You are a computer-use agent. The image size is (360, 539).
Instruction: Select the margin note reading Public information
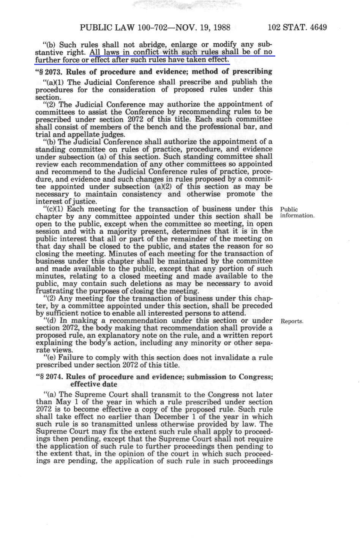[x=297, y=212]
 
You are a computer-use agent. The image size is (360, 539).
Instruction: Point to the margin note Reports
[x=292, y=321]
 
